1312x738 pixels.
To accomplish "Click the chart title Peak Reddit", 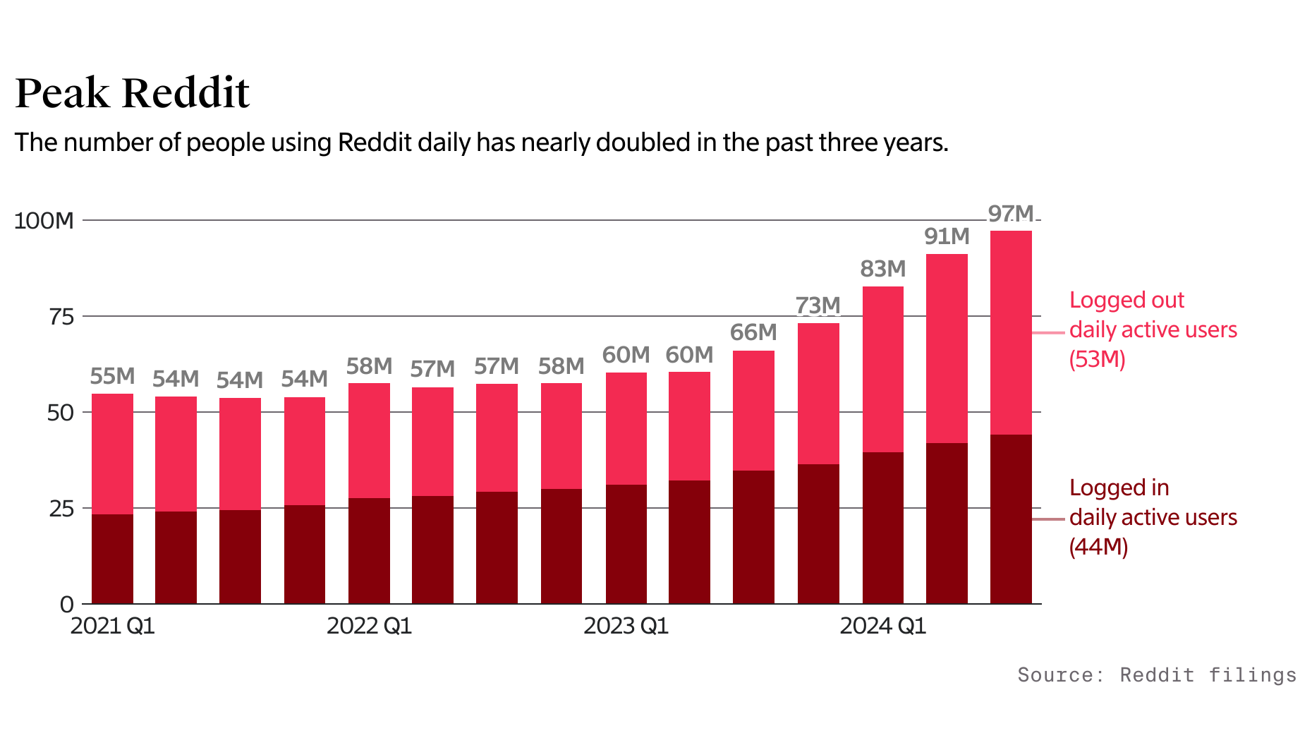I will coord(132,92).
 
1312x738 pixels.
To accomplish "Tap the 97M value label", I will coord(1010,213).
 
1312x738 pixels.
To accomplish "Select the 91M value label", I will coord(947,236).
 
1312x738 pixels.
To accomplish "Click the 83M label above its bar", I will coord(882,269).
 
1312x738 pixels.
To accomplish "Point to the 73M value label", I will coord(818,306).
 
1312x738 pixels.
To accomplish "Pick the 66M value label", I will coord(753,332).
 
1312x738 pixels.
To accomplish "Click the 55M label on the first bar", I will coord(112,376).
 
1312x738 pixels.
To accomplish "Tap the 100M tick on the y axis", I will coord(44,221).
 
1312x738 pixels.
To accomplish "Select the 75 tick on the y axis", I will coord(61,317).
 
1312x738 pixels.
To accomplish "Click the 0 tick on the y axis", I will coord(66,604).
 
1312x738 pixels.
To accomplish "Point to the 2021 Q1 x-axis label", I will coord(112,626).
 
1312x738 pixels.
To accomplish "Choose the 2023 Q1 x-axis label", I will coord(626,626).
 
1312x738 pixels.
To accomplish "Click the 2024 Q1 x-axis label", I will coord(882,626).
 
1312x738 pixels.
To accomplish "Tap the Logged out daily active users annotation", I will coord(1153,329).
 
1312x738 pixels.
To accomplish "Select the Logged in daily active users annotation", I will coord(1153,517).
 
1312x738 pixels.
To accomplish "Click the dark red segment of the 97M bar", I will coord(1010,519).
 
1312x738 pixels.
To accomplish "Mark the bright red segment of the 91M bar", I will coord(947,349).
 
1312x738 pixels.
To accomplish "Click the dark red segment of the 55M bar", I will coord(112,559).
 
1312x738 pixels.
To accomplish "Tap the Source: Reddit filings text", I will coord(1157,675).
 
